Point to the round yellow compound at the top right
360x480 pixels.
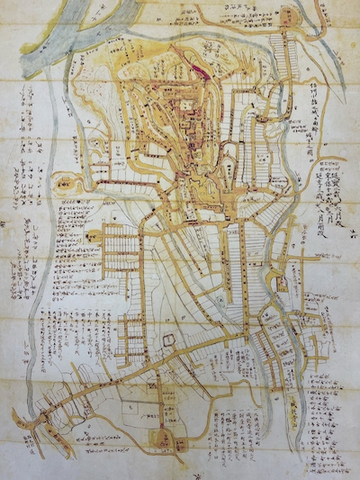289,15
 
